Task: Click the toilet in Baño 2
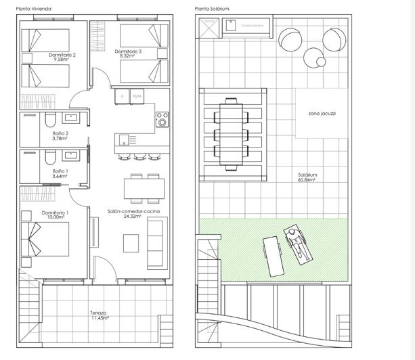[49, 120]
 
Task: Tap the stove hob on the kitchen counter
[162, 119]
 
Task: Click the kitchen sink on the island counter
[123, 140]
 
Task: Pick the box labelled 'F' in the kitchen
[122, 96]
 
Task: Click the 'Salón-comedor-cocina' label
[130, 211]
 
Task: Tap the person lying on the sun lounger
[297, 244]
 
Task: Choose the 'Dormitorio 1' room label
[54, 212]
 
